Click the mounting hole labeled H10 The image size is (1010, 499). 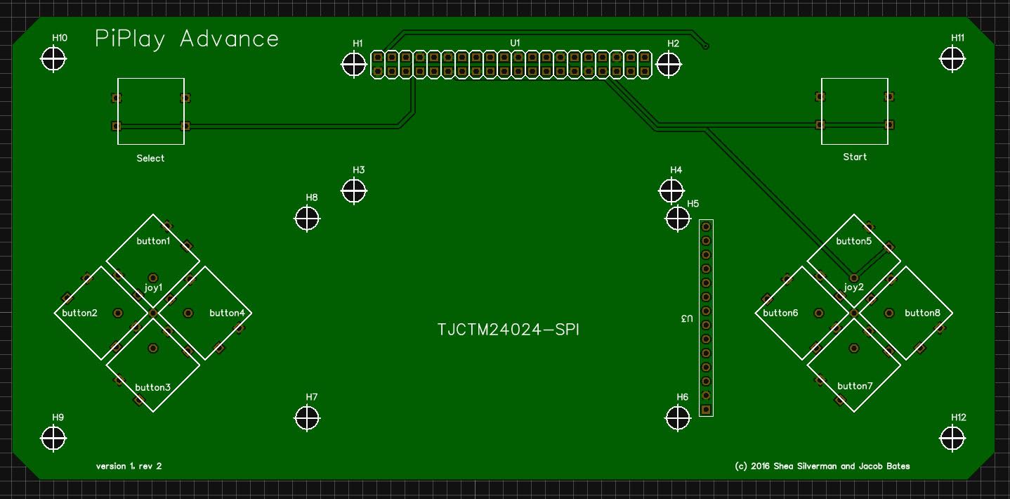[53, 59]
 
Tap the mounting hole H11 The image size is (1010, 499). [952, 59]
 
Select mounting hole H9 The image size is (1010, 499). [53, 438]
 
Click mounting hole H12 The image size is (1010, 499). [952, 438]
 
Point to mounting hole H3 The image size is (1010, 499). [354, 190]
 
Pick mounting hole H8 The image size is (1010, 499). [307, 219]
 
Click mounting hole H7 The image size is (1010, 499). [307, 418]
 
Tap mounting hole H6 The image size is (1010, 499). [678, 418]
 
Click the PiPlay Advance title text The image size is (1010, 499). [187, 39]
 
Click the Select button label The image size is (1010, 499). [150, 158]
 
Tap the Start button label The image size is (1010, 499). [855, 157]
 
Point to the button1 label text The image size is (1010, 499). [153, 241]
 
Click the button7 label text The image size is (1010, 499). [855, 386]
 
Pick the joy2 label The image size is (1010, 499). [853, 287]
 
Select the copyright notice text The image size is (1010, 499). [822, 466]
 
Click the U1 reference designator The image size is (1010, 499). [515, 43]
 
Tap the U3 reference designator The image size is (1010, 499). [686, 318]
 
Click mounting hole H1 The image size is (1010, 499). [354, 65]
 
